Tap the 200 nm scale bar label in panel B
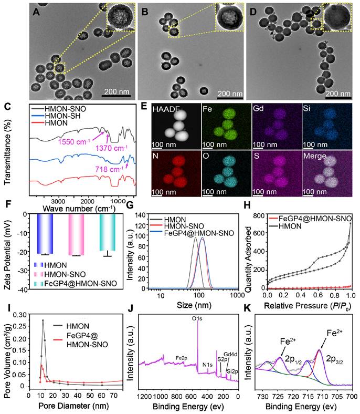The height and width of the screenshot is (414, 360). [x=230, y=94]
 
